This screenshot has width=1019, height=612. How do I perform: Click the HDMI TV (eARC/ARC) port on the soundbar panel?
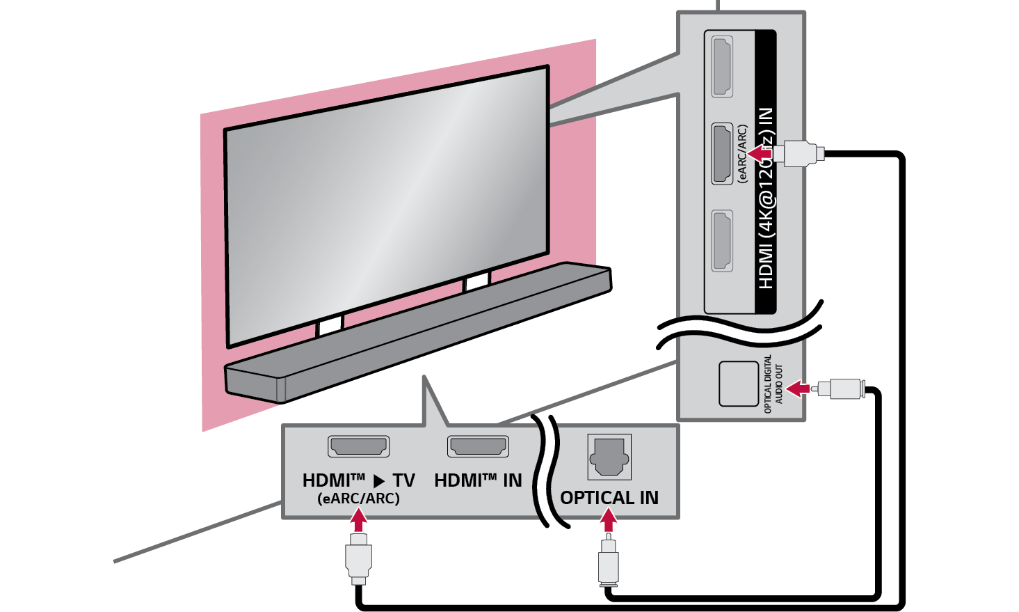coord(358,446)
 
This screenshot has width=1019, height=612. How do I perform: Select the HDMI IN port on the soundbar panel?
coord(478,446)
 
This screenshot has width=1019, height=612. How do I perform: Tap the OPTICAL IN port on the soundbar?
coord(609,457)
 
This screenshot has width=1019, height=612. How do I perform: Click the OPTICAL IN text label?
coord(609,498)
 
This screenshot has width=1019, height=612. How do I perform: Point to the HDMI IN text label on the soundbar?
coord(478,480)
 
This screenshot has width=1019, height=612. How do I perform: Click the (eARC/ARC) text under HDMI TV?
coord(358,499)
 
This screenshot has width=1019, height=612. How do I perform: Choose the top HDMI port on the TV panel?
coord(723,67)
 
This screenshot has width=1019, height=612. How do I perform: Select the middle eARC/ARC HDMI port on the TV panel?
coord(723,154)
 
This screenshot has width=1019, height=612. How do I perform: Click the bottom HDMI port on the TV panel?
coord(723,241)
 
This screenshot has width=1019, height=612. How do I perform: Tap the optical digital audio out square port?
coord(738,384)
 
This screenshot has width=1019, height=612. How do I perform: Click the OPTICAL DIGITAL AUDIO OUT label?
coord(773,384)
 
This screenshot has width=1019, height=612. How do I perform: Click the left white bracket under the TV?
coord(330,324)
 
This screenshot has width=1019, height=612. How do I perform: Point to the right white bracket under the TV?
coord(477,282)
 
